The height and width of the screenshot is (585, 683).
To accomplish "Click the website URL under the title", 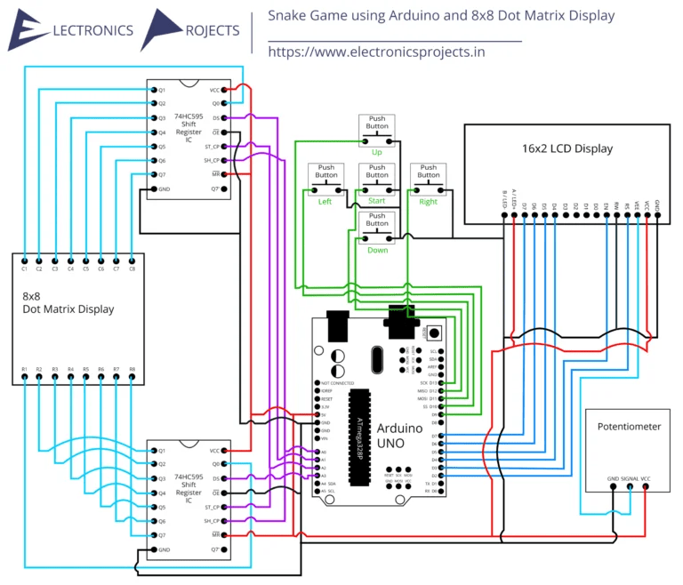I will point(376,52).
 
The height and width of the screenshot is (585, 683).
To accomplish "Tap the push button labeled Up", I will point(377,132).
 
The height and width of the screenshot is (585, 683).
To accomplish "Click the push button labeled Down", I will point(377,231).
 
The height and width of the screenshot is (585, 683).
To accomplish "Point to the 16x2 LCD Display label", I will point(566,148).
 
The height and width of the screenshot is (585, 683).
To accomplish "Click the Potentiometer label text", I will point(629,426).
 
